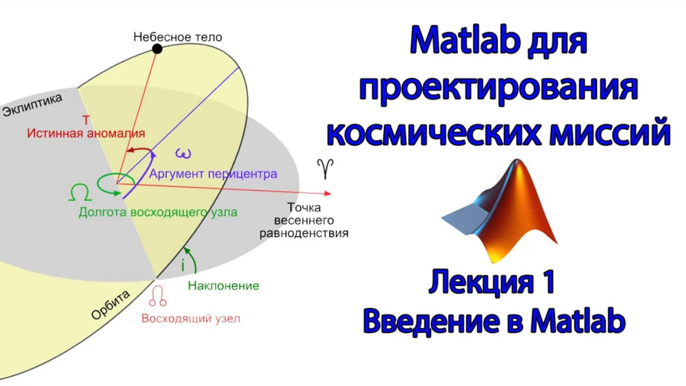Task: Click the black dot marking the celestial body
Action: [157, 49]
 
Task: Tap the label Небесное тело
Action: [178, 37]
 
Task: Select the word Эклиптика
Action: [32, 105]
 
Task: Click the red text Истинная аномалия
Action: [86, 133]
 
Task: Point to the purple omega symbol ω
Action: [183, 154]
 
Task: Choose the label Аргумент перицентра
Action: [213, 174]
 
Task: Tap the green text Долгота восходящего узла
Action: [158, 212]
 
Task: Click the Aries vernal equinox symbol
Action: [325, 168]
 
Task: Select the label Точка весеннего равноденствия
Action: [304, 220]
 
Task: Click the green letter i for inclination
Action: [183, 266]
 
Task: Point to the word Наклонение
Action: [223, 286]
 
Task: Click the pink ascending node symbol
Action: [158, 296]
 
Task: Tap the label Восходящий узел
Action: [191, 319]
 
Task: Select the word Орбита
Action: [110, 305]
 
